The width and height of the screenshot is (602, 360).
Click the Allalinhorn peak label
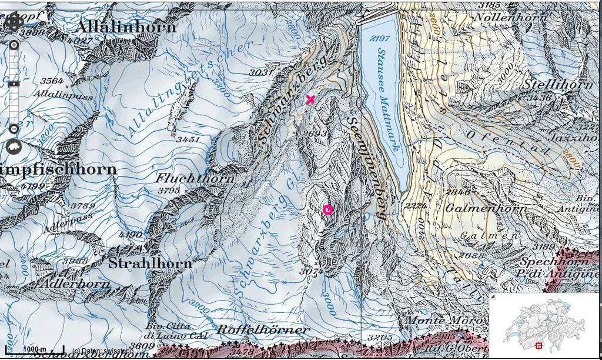[x=126, y=27]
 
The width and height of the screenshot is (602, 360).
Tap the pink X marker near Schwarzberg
[x=310, y=100]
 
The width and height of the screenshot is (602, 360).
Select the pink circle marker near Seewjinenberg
[x=328, y=210]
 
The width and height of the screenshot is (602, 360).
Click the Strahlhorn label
[x=150, y=263]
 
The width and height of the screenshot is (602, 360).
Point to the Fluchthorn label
[x=195, y=178]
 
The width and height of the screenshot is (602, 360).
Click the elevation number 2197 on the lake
[x=380, y=38]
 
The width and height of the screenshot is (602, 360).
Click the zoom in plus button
[x=14, y=45]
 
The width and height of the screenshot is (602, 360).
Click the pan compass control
[x=14, y=22]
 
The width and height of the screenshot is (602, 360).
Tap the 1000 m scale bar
[x=35, y=349]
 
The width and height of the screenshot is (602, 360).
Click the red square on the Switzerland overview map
[x=539, y=346]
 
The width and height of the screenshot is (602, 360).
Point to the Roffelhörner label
[x=263, y=329]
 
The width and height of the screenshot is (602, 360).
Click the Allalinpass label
[x=55, y=94]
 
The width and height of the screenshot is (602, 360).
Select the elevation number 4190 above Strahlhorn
[x=131, y=235]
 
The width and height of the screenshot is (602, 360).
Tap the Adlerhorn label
[x=75, y=284]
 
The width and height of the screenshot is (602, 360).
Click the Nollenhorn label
[x=510, y=18]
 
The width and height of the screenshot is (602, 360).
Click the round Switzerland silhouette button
[x=14, y=146]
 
